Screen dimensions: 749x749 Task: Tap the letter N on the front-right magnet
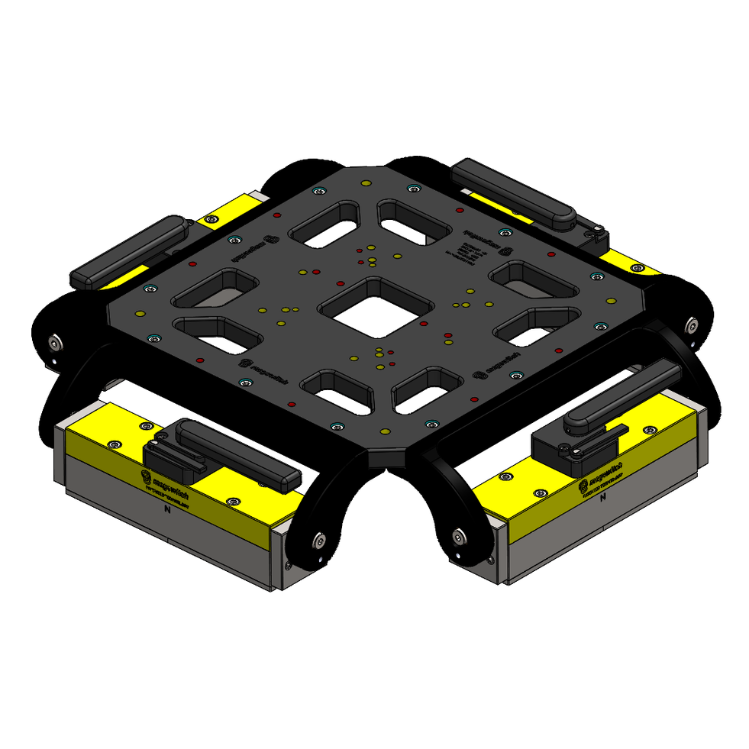(x=603, y=497)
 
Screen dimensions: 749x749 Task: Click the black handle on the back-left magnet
(x=130, y=250)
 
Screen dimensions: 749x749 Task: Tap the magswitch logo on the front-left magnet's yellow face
(x=172, y=482)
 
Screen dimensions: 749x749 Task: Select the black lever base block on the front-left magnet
(x=169, y=457)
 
